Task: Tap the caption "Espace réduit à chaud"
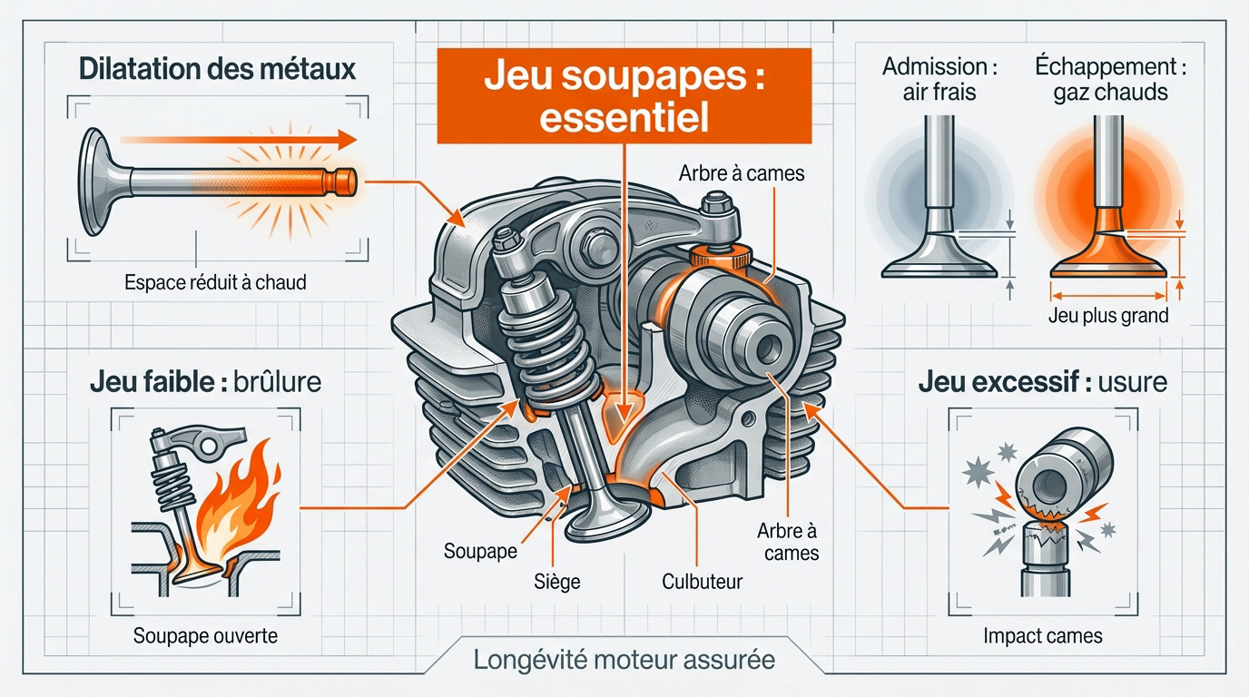pyautogui.click(x=215, y=282)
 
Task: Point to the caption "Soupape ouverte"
pyautogui.click(x=205, y=635)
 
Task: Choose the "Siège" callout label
pyautogui.click(x=556, y=582)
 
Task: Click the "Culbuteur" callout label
pyautogui.click(x=702, y=581)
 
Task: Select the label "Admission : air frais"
pyautogui.click(x=934, y=79)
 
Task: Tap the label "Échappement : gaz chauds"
pyautogui.click(x=1110, y=79)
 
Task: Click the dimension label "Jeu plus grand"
pyautogui.click(x=1108, y=317)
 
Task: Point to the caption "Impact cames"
pyautogui.click(x=1042, y=635)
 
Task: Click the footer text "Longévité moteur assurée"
pyautogui.click(x=624, y=659)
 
